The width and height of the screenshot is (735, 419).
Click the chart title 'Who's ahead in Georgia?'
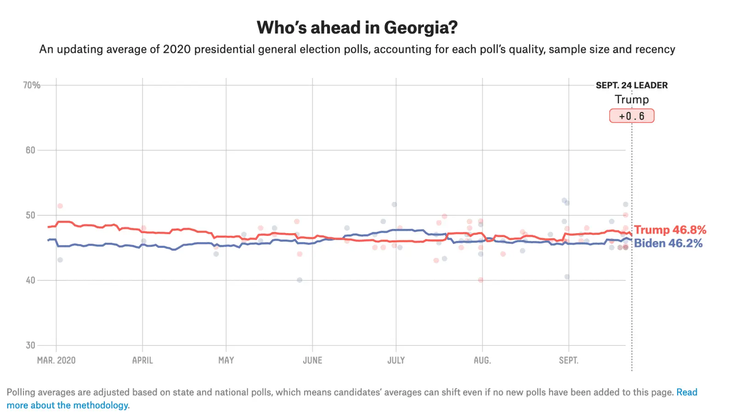point(357,28)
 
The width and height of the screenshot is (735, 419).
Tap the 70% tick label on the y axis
point(32,85)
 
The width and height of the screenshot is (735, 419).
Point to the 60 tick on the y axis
point(30,150)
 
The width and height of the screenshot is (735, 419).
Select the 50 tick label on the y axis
point(30,215)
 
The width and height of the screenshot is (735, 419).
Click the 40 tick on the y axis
point(30,280)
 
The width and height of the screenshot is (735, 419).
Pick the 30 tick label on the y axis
point(30,345)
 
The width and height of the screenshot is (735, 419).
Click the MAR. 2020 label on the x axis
point(56,360)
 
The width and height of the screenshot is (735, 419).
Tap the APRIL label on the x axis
point(142,360)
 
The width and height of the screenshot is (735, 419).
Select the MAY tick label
point(226,360)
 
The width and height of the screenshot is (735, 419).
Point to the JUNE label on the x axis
point(312,360)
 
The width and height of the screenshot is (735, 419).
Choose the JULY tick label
point(396,360)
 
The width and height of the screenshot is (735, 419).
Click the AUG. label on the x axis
point(482,360)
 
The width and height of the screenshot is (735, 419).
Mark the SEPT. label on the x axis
point(568,360)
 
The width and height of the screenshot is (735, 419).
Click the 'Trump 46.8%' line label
point(670,230)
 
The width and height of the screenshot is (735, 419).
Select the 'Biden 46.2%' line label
point(668,243)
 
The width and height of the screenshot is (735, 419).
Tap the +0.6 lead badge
point(632,116)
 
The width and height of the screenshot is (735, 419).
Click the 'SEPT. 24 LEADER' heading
point(632,85)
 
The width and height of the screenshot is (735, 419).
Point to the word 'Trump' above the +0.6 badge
point(632,100)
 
